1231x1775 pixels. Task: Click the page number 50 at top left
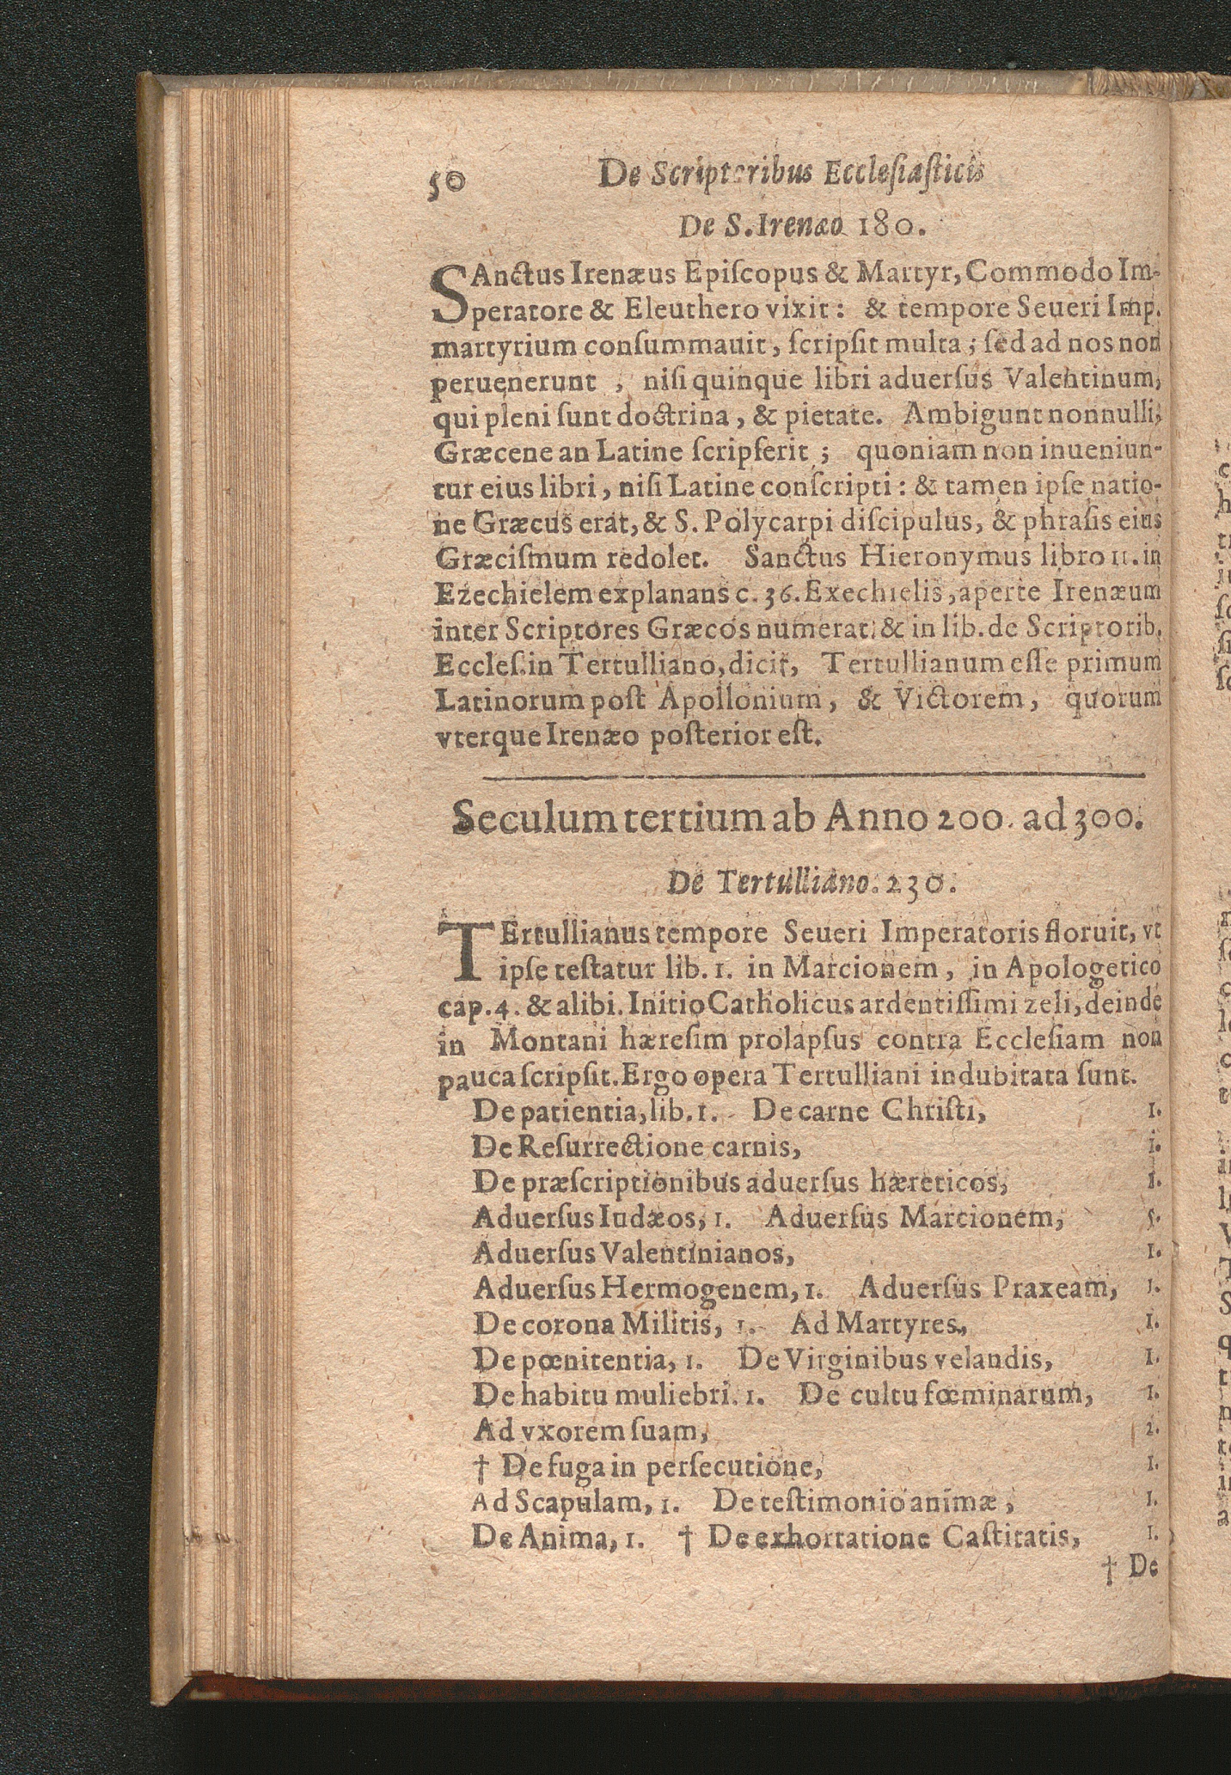click(x=445, y=182)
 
